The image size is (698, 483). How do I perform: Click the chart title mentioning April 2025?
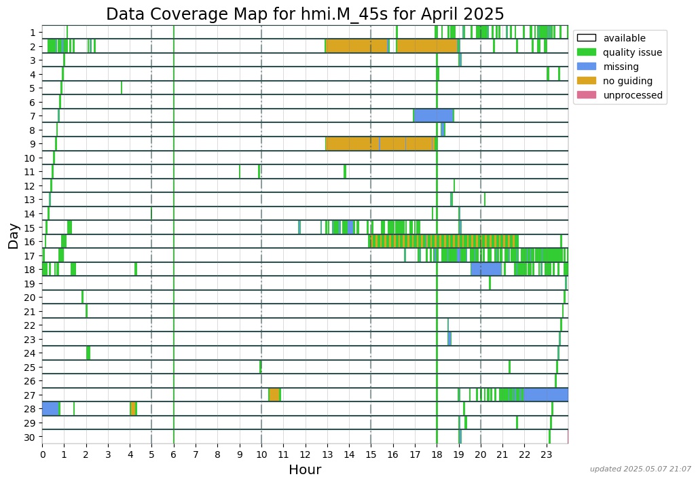(x=305, y=14)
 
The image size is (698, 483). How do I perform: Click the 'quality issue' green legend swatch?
(x=586, y=52)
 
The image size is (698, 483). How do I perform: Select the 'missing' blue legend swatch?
(x=586, y=67)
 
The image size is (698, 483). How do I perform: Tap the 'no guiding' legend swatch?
(x=586, y=81)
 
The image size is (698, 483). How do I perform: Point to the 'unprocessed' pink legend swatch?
(x=586, y=95)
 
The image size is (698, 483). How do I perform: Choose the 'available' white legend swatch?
(x=586, y=38)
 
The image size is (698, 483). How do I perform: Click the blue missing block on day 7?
(x=433, y=115)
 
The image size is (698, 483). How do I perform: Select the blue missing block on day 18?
(x=486, y=269)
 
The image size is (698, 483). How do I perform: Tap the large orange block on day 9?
(x=379, y=143)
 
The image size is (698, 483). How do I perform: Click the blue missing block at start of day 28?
(x=50, y=408)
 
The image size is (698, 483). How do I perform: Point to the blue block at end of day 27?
(x=546, y=395)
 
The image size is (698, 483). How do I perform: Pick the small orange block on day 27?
(x=274, y=395)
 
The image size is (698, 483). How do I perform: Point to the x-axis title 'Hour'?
(x=305, y=470)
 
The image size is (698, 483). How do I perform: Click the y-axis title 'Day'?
(x=14, y=235)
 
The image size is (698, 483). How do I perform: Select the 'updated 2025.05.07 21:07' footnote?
(x=640, y=469)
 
